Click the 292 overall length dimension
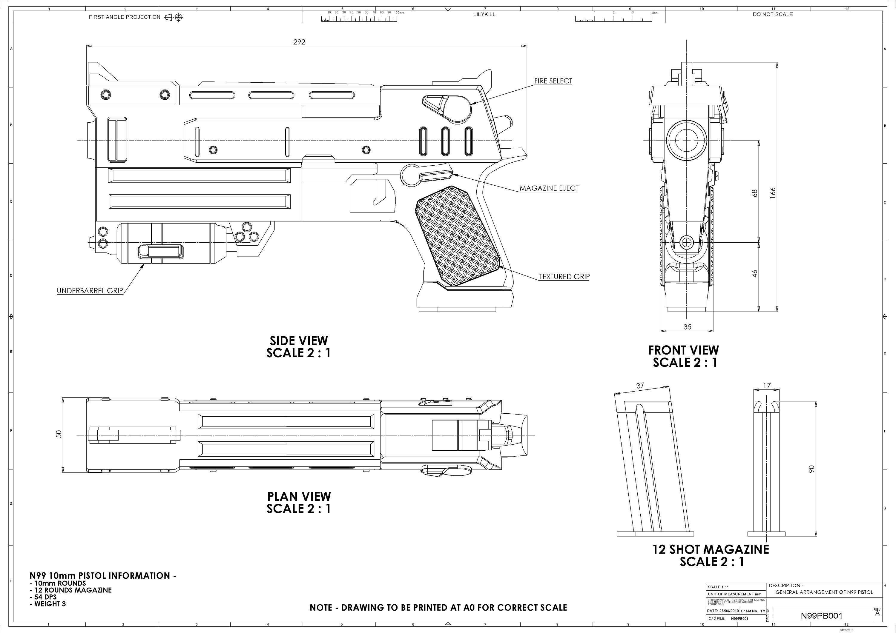[299, 42]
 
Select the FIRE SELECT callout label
[553, 81]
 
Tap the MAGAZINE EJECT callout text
[549, 188]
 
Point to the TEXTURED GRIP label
[564, 277]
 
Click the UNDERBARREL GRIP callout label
[90, 291]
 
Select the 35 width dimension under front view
[687, 327]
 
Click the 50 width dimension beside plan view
[59, 434]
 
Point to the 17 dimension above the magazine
[767, 386]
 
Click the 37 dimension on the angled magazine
[640, 386]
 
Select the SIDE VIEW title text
[299, 341]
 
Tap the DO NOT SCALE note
[773, 14]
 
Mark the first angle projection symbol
[174, 17]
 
